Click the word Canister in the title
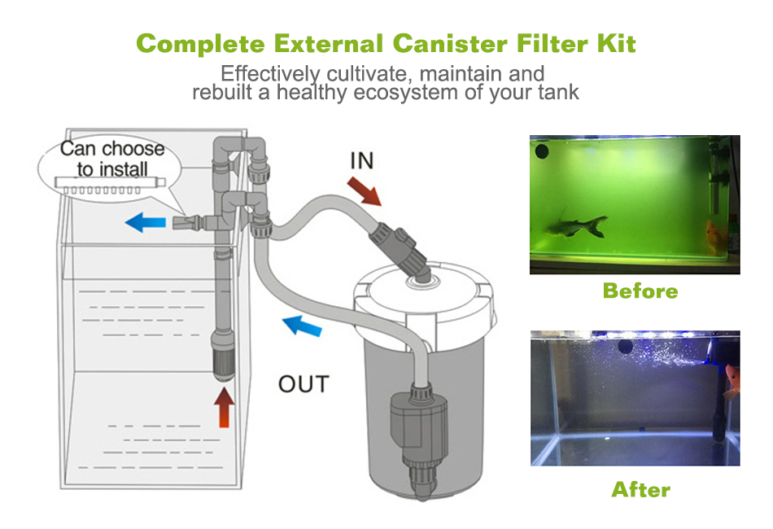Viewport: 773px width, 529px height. (x=450, y=44)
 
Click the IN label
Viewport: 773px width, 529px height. (x=362, y=161)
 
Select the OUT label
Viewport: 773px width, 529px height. (x=304, y=384)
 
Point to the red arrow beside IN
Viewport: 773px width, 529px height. (x=364, y=191)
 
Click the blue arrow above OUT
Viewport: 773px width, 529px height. (x=302, y=326)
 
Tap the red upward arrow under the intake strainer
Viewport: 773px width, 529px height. (x=225, y=407)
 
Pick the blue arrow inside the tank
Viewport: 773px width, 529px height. (x=146, y=222)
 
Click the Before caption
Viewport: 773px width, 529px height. (x=640, y=291)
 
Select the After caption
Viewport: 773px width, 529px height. (x=641, y=490)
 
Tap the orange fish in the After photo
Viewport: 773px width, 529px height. (x=732, y=381)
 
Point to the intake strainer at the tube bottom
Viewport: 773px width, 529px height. (x=222, y=356)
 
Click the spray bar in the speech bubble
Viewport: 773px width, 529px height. (x=110, y=186)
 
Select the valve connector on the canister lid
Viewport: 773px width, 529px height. (x=400, y=251)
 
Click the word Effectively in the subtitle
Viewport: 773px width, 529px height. (x=271, y=74)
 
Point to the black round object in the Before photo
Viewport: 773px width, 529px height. (x=542, y=151)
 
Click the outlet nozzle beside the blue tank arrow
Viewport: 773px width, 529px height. (x=188, y=222)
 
